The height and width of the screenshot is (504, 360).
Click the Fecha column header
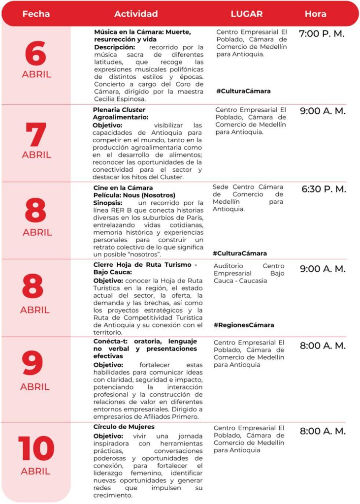(x=36, y=14)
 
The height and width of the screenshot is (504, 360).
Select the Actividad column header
(x=136, y=14)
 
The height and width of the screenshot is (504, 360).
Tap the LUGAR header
(x=247, y=14)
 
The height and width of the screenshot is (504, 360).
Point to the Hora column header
(x=315, y=14)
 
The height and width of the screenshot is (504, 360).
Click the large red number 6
(x=35, y=54)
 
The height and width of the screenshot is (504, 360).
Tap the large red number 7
(x=36, y=134)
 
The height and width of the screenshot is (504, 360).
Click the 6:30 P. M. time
(x=324, y=189)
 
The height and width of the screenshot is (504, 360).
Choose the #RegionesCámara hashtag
(x=244, y=325)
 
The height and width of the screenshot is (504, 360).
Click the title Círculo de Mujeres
(x=124, y=427)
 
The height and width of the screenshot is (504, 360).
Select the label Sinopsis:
(x=108, y=203)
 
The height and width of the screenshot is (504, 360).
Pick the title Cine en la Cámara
(x=123, y=188)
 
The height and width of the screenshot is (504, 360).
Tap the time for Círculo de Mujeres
(x=323, y=431)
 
